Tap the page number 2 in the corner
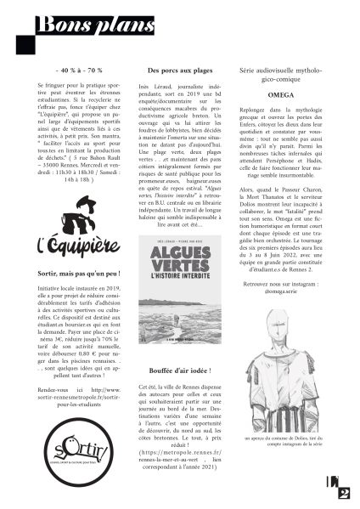click(343, 490)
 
